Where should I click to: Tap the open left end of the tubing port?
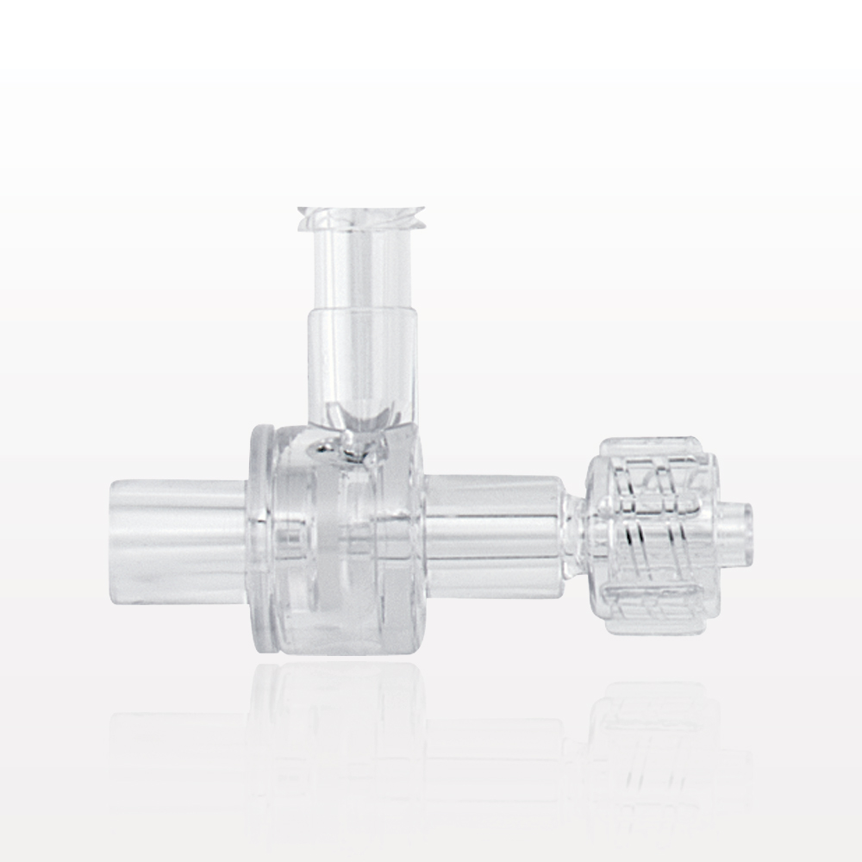click(x=116, y=538)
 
